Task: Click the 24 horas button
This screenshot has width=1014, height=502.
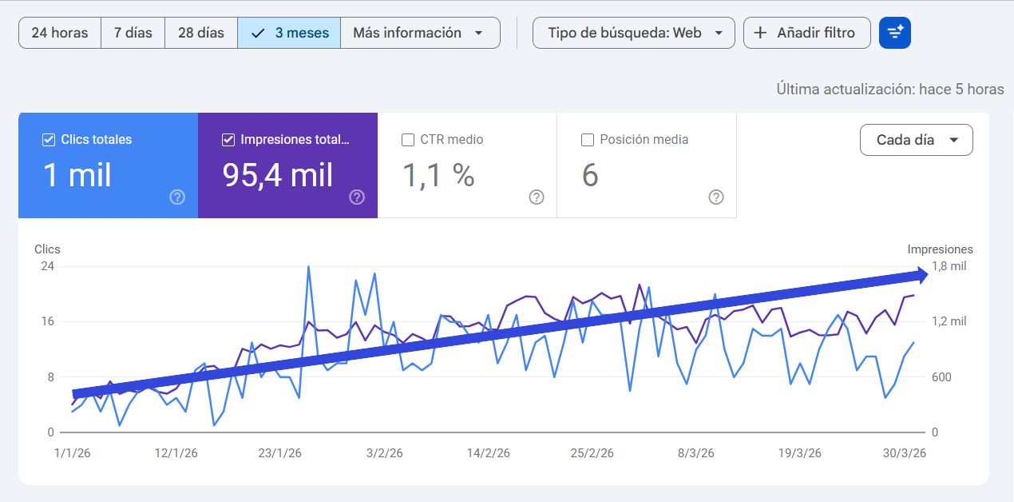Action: [x=59, y=33]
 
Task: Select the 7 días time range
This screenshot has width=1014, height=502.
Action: [x=133, y=33]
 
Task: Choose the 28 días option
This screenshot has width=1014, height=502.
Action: [x=200, y=33]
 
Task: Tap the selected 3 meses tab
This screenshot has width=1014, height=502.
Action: [x=289, y=33]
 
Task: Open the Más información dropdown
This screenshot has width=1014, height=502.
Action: [x=420, y=33]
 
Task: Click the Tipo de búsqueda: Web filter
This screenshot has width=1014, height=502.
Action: [x=633, y=33]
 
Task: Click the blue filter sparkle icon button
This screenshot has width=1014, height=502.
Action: [x=894, y=33]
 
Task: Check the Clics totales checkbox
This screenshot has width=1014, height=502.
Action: [x=49, y=140]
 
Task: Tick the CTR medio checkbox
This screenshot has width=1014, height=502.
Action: [x=408, y=140]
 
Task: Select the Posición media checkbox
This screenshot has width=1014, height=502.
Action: [x=588, y=140]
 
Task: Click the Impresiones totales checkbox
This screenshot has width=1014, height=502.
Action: [x=228, y=140]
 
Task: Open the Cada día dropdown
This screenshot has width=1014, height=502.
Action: [x=916, y=140]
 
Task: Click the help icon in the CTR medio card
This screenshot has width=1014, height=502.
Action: [x=537, y=197]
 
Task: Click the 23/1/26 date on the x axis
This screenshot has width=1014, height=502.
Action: [x=279, y=453]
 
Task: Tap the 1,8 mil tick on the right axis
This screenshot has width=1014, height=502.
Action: [x=949, y=266]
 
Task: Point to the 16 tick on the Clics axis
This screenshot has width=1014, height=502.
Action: [x=47, y=321]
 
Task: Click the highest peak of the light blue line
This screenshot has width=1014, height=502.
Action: [x=308, y=267]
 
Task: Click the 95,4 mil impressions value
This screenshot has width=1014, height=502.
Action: [x=278, y=175]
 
